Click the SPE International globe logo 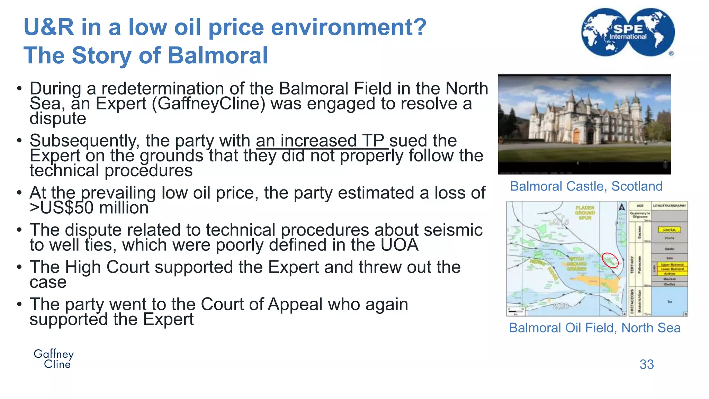click(628, 32)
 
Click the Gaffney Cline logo click(54, 359)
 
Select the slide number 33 click(646, 364)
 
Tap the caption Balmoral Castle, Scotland click(586, 186)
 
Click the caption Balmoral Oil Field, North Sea click(594, 328)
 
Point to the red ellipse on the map click(610, 260)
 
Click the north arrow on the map click(621, 207)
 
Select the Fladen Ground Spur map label click(585, 213)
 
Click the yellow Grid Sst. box click(669, 230)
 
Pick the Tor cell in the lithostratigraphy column click(670, 302)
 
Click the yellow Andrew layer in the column click(670, 274)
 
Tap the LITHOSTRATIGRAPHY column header click(669, 206)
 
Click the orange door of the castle click(576, 136)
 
